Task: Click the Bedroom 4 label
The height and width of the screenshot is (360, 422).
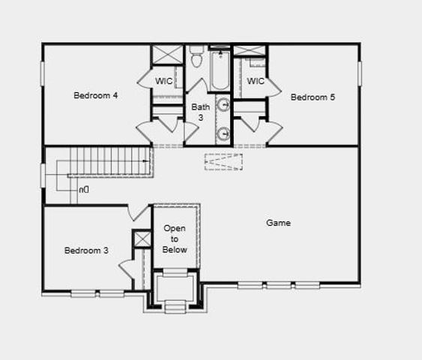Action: (x=95, y=95)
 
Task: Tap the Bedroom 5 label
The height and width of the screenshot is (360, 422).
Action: (x=313, y=97)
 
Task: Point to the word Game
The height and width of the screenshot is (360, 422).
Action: (x=279, y=223)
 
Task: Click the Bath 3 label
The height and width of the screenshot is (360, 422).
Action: (x=200, y=112)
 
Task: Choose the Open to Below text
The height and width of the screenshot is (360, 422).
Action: (x=175, y=238)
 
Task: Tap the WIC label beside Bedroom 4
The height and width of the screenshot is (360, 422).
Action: (x=165, y=81)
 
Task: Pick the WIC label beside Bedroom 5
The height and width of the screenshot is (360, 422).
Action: (x=256, y=81)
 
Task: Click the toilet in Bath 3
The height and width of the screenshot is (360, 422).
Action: (x=197, y=56)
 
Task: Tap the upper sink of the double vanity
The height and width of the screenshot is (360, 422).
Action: (x=223, y=104)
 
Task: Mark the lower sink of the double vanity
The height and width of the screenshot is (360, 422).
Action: (x=223, y=133)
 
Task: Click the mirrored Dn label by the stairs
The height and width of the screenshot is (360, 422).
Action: (x=84, y=190)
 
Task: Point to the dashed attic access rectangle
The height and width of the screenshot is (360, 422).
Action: (x=223, y=162)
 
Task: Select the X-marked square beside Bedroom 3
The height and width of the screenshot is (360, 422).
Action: (x=142, y=239)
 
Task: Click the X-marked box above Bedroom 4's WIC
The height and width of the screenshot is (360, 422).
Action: (x=168, y=56)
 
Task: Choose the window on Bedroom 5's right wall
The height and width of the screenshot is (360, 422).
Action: (x=360, y=73)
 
